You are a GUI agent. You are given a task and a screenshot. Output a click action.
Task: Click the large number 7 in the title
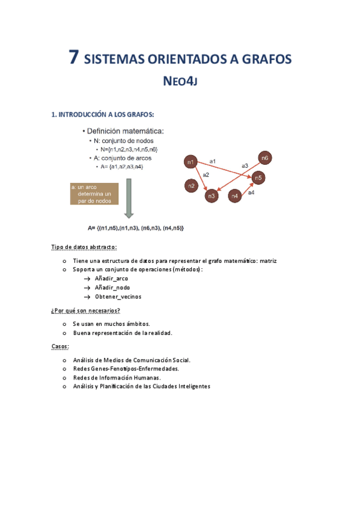(x=73, y=58)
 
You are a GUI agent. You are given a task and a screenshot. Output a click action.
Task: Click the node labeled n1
(x=191, y=162)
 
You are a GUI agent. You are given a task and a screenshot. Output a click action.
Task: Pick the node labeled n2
(x=191, y=186)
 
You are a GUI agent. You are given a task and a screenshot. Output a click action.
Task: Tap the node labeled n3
(x=212, y=195)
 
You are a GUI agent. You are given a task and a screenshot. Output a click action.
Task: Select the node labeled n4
(x=235, y=196)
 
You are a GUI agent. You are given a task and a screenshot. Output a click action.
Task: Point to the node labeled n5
(x=258, y=177)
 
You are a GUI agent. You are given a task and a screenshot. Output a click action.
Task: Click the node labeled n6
(x=265, y=158)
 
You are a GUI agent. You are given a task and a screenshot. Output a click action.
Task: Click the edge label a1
(x=213, y=161)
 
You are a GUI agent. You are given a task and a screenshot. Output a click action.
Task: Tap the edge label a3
(x=245, y=165)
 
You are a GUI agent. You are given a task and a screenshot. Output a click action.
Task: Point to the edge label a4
(x=251, y=192)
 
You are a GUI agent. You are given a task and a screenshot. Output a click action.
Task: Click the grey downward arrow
(x=129, y=199)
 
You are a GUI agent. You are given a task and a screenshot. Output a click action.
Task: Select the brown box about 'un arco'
(x=94, y=194)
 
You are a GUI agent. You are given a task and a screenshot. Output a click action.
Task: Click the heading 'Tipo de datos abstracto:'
(x=84, y=247)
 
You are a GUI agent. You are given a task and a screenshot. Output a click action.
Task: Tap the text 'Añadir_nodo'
(x=112, y=287)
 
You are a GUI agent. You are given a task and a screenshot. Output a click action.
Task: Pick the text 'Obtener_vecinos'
(x=118, y=296)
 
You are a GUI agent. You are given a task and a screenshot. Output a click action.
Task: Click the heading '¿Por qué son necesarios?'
(x=85, y=310)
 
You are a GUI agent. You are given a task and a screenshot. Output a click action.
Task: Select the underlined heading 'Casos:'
(x=60, y=346)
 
